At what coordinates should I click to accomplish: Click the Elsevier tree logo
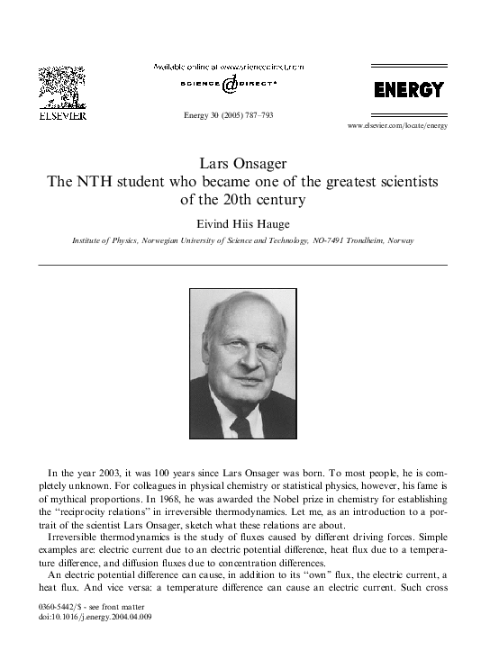tap(61, 87)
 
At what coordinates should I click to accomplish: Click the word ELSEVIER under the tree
tap(61, 115)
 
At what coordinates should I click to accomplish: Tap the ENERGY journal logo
tap(409, 90)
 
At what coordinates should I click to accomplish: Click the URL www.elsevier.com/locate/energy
tap(396, 125)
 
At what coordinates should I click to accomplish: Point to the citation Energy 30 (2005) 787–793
tap(228, 116)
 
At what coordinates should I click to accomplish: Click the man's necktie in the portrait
tap(240, 424)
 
